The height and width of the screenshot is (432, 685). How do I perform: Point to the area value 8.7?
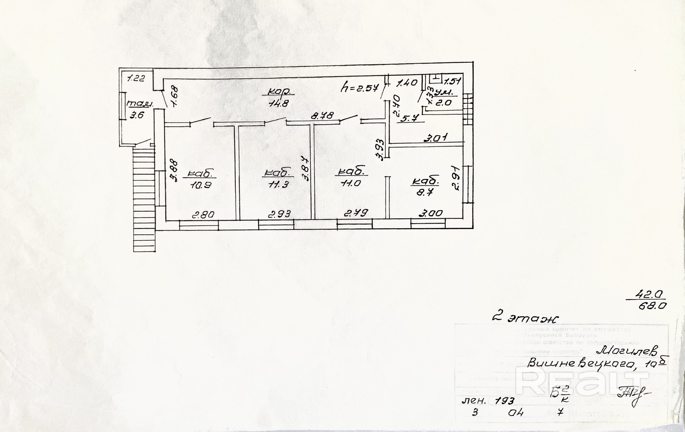[425, 193]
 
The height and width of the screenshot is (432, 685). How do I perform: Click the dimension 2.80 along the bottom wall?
[203, 215]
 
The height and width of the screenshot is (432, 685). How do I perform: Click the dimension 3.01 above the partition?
[436, 138]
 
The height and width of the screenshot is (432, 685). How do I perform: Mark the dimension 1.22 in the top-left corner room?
[136, 78]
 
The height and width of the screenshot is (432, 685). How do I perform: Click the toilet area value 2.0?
[444, 102]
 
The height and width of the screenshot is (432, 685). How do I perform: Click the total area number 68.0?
[652, 306]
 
